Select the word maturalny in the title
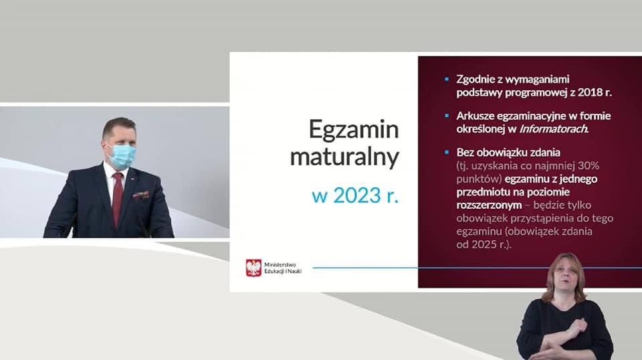click(x=344, y=157)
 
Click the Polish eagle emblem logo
click(x=253, y=268)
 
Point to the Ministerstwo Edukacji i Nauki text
click(x=283, y=268)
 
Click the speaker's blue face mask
click(x=121, y=156)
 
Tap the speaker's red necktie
click(x=118, y=197)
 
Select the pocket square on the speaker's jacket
click(x=141, y=195)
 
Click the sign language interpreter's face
click(x=566, y=277)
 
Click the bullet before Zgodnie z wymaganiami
click(x=447, y=79)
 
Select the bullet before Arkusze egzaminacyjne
click(x=447, y=116)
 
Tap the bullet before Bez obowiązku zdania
click(x=447, y=153)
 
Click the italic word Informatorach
click(x=554, y=129)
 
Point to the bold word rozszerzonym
click(x=489, y=205)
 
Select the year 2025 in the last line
click(x=482, y=244)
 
